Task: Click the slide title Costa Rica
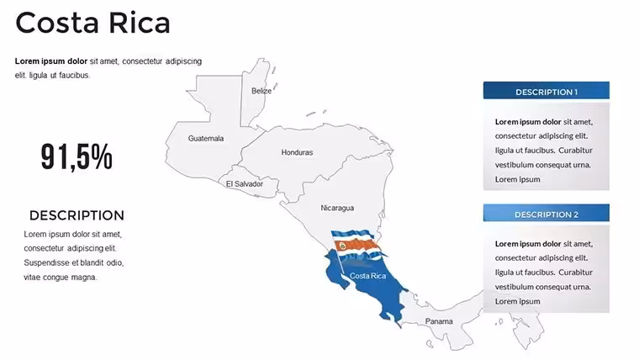(x=92, y=23)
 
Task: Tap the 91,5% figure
(x=77, y=156)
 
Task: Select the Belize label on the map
(x=261, y=91)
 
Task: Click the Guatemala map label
(x=206, y=138)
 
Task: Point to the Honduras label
(x=297, y=152)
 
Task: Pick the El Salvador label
(x=245, y=184)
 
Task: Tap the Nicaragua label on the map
(x=337, y=208)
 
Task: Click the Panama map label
(x=439, y=321)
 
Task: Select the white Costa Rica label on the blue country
(x=367, y=276)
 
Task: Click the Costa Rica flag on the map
(x=356, y=246)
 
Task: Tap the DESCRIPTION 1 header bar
(x=546, y=91)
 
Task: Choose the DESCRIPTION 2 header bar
(x=546, y=213)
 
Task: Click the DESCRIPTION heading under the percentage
(x=77, y=215)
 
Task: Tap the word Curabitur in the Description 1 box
(x=575, y=151)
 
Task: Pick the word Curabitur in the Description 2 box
(x=575, y=273)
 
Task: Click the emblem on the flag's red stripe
(x=343, y=246)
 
